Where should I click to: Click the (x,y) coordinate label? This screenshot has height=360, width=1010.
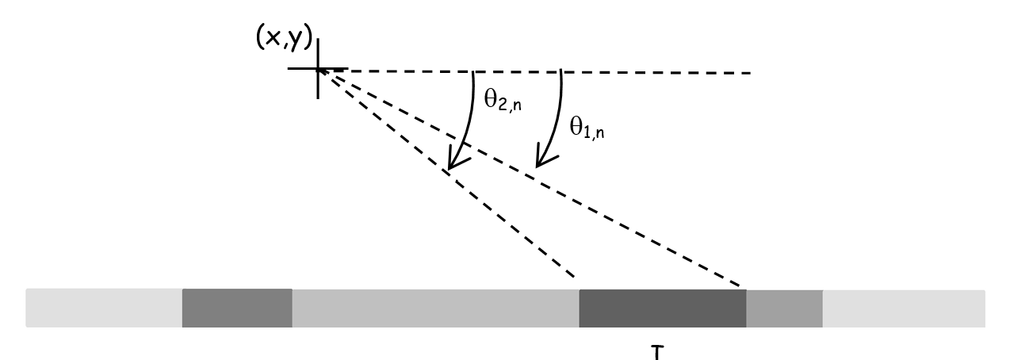tap(284, 37)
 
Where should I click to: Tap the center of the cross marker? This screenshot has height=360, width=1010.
tap(319, 68)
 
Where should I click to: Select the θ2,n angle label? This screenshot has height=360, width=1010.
tap(503, 100)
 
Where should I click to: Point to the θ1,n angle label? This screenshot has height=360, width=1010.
tap(587, 128)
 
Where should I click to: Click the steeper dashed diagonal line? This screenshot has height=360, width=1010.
tap(446, 172)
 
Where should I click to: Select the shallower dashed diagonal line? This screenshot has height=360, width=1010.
tap(530, 178)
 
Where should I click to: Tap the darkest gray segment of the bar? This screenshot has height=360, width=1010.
tap(662, 308)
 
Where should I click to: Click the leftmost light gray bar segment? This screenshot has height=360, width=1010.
tap(104, 308)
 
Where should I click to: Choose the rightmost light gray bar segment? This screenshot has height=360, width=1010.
tap(904, 308)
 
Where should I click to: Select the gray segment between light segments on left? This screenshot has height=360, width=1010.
tap(237, 308)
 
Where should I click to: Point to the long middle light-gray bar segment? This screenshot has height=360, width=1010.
tap(435, 308)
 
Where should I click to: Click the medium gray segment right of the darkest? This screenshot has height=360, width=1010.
tap(784, 308)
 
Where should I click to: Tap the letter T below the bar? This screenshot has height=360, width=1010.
tap(658, 353)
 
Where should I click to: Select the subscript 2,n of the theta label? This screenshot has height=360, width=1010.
tap(510, 105)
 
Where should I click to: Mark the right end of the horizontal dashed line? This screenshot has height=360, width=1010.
tap(751, 73)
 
